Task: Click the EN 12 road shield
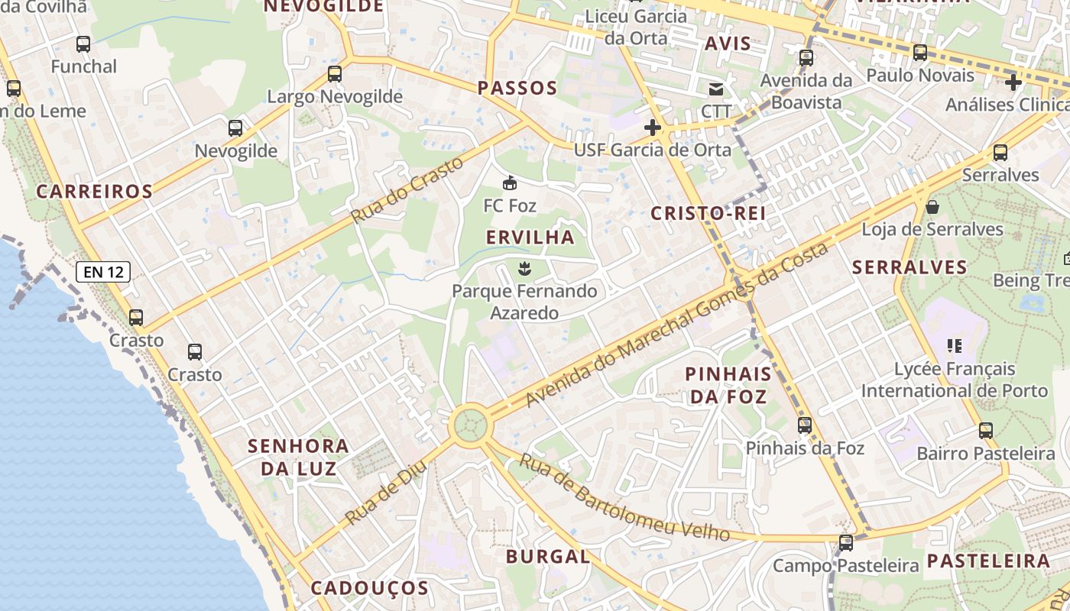tap(103, 271)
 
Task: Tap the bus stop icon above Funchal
tap(83, 44)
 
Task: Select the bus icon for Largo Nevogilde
tap(334, 74)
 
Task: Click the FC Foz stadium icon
tap(510, 183)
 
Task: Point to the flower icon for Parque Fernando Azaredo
tap(524, 268)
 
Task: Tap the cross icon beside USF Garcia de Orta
tap(652, 128)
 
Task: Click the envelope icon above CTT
tap(715, 89)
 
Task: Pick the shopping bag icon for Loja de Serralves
tap(932, 206)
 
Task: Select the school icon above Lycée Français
tap(954, 346)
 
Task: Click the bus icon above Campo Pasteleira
tap(845, 543)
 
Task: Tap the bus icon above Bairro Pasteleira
tap(986, 431)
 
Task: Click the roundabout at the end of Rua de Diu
tap(469, 425)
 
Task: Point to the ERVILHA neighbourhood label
tap(530, 238)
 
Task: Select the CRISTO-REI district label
tap(708, 213)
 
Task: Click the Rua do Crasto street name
tap(407, 190)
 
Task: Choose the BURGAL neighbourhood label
tap(548, 557)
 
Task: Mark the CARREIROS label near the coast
tap(95, 192)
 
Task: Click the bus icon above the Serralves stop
tap(1000, 153)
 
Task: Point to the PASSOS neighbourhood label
tap(517, 88)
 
